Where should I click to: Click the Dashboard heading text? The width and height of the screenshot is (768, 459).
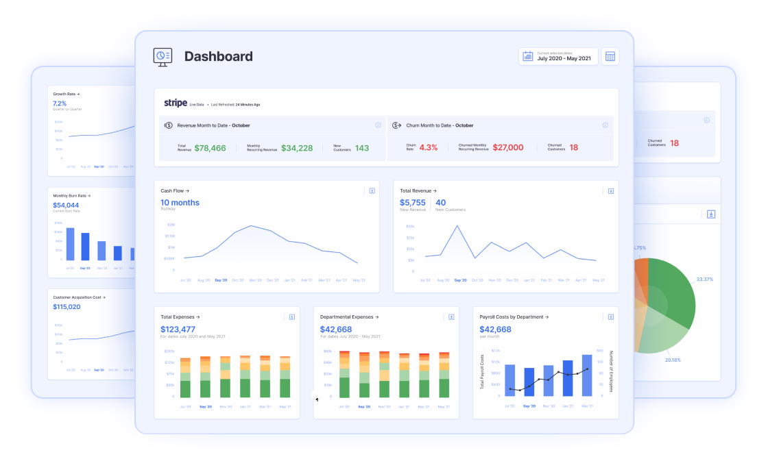(218, 57)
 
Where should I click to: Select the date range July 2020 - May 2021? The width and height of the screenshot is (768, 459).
(564, 59)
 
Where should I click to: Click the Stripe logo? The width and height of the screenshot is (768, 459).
(176, 103)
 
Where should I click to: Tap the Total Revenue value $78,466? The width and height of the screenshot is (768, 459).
(210, 148)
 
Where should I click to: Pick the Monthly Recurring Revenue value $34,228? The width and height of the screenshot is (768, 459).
(296, 148)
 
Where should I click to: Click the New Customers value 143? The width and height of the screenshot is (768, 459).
(361, 148)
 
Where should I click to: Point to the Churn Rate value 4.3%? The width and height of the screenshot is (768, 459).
(428, 147)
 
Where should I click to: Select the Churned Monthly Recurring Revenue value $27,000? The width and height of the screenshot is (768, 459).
(507, 147)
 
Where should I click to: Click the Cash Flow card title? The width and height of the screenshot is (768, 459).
(175, 191)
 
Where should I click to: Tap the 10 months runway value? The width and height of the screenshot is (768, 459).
(180, 202)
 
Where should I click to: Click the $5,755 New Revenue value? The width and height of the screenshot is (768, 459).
(413, 202)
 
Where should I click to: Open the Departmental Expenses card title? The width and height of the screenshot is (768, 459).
(349, 317)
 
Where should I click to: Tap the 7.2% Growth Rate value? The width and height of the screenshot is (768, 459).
(60, 103)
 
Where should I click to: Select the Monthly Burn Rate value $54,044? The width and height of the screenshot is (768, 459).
(66, 205)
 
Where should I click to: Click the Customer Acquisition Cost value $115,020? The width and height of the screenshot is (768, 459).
(67, 306)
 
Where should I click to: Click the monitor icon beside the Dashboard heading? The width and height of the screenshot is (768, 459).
(163, 57)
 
